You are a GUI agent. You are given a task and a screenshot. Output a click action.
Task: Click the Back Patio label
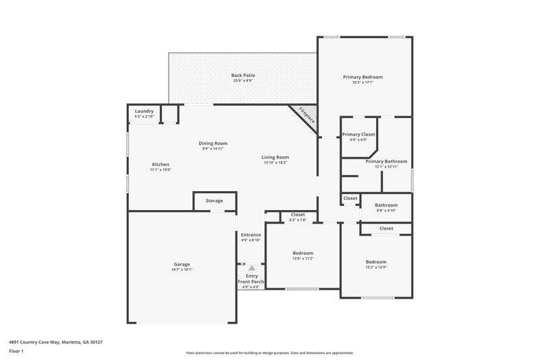242,75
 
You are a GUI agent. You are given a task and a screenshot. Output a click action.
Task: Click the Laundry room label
144,111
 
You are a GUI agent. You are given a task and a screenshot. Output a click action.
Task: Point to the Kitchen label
160,164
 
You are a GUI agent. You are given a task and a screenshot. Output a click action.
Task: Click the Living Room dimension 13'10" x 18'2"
275,163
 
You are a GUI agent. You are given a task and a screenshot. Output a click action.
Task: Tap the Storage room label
214,201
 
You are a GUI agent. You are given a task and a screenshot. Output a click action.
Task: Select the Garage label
182,263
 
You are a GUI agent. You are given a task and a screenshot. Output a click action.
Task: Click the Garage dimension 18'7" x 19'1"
182,269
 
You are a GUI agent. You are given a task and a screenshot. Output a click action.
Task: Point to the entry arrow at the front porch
251,267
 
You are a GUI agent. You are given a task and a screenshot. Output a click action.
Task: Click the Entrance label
250,234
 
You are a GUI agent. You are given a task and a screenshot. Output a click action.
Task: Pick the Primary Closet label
358,134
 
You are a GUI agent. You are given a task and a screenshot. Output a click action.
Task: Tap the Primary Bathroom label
386,161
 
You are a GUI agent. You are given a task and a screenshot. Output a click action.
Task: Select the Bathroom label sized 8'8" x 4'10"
386,205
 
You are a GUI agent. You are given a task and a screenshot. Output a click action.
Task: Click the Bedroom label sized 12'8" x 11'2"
303,253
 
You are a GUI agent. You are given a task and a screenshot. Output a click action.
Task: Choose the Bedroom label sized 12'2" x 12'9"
376,261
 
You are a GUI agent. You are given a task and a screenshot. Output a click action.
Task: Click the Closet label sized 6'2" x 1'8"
298,214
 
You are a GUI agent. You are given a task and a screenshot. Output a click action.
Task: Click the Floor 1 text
16,351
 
